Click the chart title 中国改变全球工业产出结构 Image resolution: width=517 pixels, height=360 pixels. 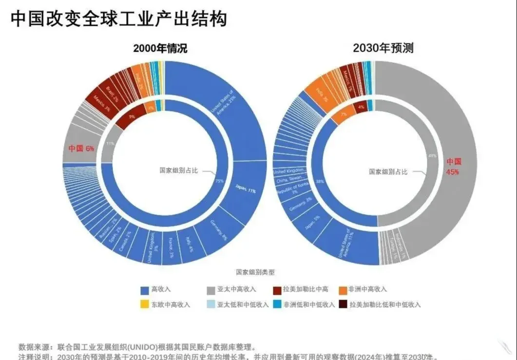[118, 19]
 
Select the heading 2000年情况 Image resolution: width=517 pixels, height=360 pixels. [160, 49]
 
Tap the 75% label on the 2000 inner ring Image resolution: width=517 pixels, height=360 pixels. [219, 181]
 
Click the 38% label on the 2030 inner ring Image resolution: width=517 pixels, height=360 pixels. [320, 181]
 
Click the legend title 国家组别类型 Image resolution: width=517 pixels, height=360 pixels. [255, 272]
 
